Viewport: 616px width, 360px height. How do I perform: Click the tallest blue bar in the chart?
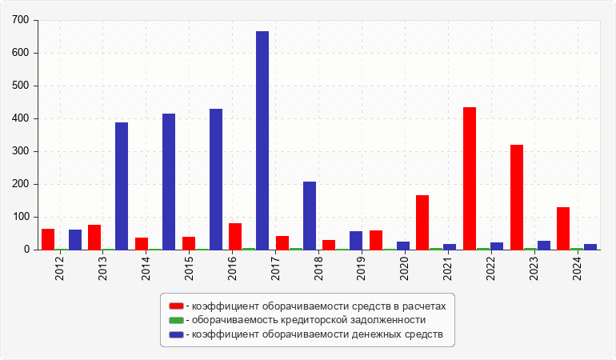click(262, 140)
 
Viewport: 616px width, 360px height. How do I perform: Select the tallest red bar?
click(470, 178)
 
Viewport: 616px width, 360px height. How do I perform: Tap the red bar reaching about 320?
click(517, 197)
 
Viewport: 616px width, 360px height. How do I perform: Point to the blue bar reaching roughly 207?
click(310, 215)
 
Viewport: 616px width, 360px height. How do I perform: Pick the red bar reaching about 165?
click(422, 222)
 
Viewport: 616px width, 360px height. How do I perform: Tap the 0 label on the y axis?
click(26, 250)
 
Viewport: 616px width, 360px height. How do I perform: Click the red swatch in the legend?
click(176, 306)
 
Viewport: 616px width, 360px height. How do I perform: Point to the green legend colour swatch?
click(176, 320)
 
